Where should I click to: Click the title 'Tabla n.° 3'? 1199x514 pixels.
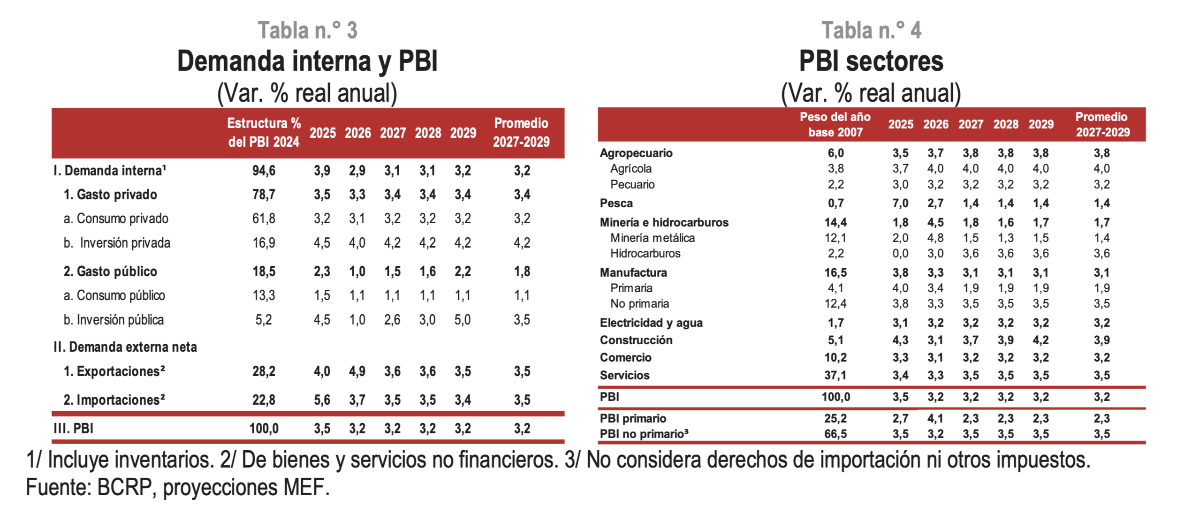point(307,30)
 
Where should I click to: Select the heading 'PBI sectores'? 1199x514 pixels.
point(871,61)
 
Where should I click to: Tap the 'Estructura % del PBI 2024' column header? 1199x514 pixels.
point(264,132)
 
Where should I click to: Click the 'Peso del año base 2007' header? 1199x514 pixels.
point(835,124)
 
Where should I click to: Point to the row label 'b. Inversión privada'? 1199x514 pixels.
point(117,243)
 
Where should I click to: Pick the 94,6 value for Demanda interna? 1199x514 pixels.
point(264,171)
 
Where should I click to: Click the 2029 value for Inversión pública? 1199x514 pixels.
point(462,320)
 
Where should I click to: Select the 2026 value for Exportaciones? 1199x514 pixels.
point(357,371)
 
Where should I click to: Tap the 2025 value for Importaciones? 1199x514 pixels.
point(322,400)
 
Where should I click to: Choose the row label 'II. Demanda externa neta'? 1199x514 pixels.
point(125,347)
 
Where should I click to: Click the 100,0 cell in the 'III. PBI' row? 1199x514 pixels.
point(264,429)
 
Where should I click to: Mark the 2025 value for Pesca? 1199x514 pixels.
point(900,204)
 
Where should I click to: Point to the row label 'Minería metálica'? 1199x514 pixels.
point(652,238)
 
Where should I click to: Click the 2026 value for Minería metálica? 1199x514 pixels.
point(935,238)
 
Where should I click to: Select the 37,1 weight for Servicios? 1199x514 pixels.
point(835,376)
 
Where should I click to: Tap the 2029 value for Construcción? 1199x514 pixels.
point(1040,340)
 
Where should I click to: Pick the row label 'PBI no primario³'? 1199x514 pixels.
point(644,434)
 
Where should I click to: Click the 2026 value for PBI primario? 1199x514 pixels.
point(935,418)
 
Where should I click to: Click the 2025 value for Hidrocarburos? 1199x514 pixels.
point(900,254)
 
